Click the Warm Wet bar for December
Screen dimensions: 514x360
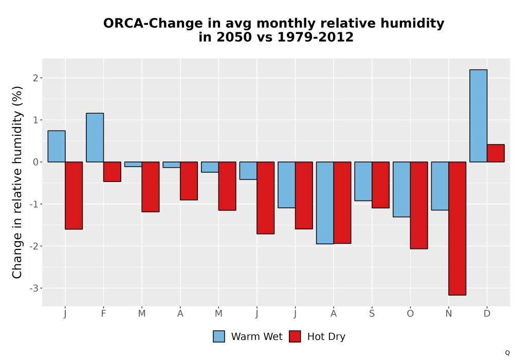(x=478, y=116)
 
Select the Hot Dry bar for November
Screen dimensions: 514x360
(x=457, y=228)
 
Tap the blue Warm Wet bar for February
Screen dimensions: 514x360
(x=95, y=137)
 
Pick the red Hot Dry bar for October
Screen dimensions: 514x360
(x=419, y=205)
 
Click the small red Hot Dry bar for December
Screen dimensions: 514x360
(x=495, y=153)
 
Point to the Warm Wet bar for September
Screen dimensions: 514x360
(x=363, y=182)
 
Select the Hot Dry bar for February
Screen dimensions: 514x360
(x=112, y=171)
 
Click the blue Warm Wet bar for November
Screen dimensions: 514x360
(x=440, y=186)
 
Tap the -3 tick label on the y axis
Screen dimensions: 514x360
(x=34, y=289)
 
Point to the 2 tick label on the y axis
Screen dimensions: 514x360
(x=36, y=78)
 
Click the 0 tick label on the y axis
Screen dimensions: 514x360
(x=36, y=162)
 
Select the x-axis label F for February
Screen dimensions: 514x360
(x=104, y=314)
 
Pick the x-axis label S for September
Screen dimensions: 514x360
(x=372, y=314)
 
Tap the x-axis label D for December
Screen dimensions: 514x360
(x=487, y=314)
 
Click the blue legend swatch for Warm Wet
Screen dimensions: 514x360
(x=219, y=336)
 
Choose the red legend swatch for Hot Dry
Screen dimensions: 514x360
(x=295, y=336)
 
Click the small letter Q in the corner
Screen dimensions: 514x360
(x=507, y=353)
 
